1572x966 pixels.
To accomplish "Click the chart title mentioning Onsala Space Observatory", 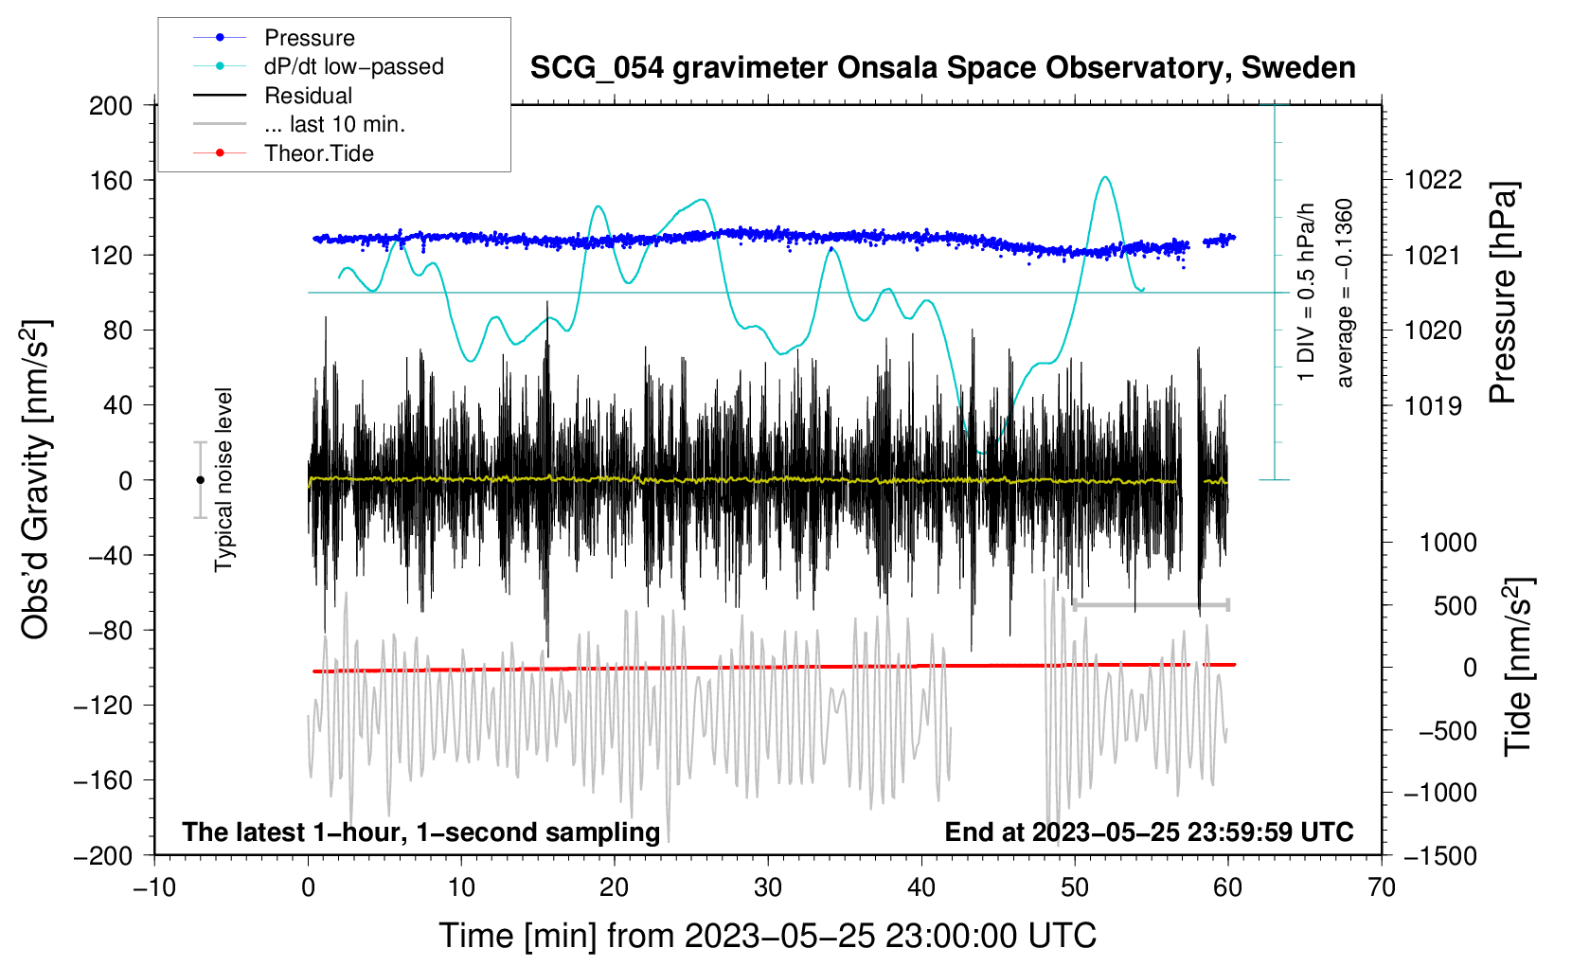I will coord(942,68).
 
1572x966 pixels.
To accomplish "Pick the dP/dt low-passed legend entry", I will coord(353,66).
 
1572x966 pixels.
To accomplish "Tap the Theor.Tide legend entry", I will coord(318,153).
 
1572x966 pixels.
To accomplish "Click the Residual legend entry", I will coord(308,96).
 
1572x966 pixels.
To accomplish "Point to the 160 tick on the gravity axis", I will coord(111,180).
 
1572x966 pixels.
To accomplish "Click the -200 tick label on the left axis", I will coord(104,855).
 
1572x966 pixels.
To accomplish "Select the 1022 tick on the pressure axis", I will coord(1433,180).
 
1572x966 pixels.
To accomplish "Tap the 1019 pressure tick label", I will coord(1433,406).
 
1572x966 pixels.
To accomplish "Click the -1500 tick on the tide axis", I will coord(1439,855).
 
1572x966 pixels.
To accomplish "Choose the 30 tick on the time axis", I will coord(768,887).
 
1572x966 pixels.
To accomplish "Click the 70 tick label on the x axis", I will coord(1382,887).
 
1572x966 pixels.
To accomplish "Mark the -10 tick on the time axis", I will coord(154,887).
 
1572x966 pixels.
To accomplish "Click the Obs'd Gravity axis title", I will coord(36,480).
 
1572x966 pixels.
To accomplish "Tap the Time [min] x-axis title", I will coord(767,936).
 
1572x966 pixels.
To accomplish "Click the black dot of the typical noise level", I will coord(200,480).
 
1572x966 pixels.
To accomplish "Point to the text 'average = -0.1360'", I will coord(1345,294).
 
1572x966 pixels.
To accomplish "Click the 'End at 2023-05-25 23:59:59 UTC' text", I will coord(1149,832).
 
